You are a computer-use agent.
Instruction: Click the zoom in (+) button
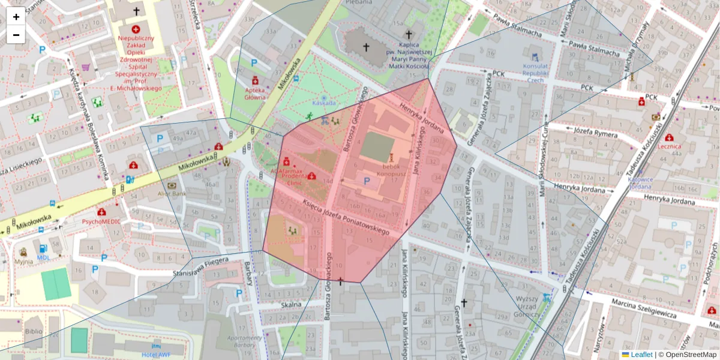click(x=16, y=17)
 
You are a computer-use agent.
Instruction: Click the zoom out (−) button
click(x=16, y=35)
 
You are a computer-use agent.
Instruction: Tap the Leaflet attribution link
click(x=641, y=355)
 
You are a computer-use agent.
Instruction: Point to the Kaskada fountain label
click(x=324, y=103)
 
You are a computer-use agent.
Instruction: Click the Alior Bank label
click(x=172, y=193)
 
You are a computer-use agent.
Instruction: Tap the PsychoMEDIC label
click(x=101, y=221)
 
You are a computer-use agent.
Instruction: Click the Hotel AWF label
click(x=156, y=354)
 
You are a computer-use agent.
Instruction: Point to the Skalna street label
click(x=291, y=304)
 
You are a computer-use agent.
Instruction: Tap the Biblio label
click(x=34, y=331)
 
